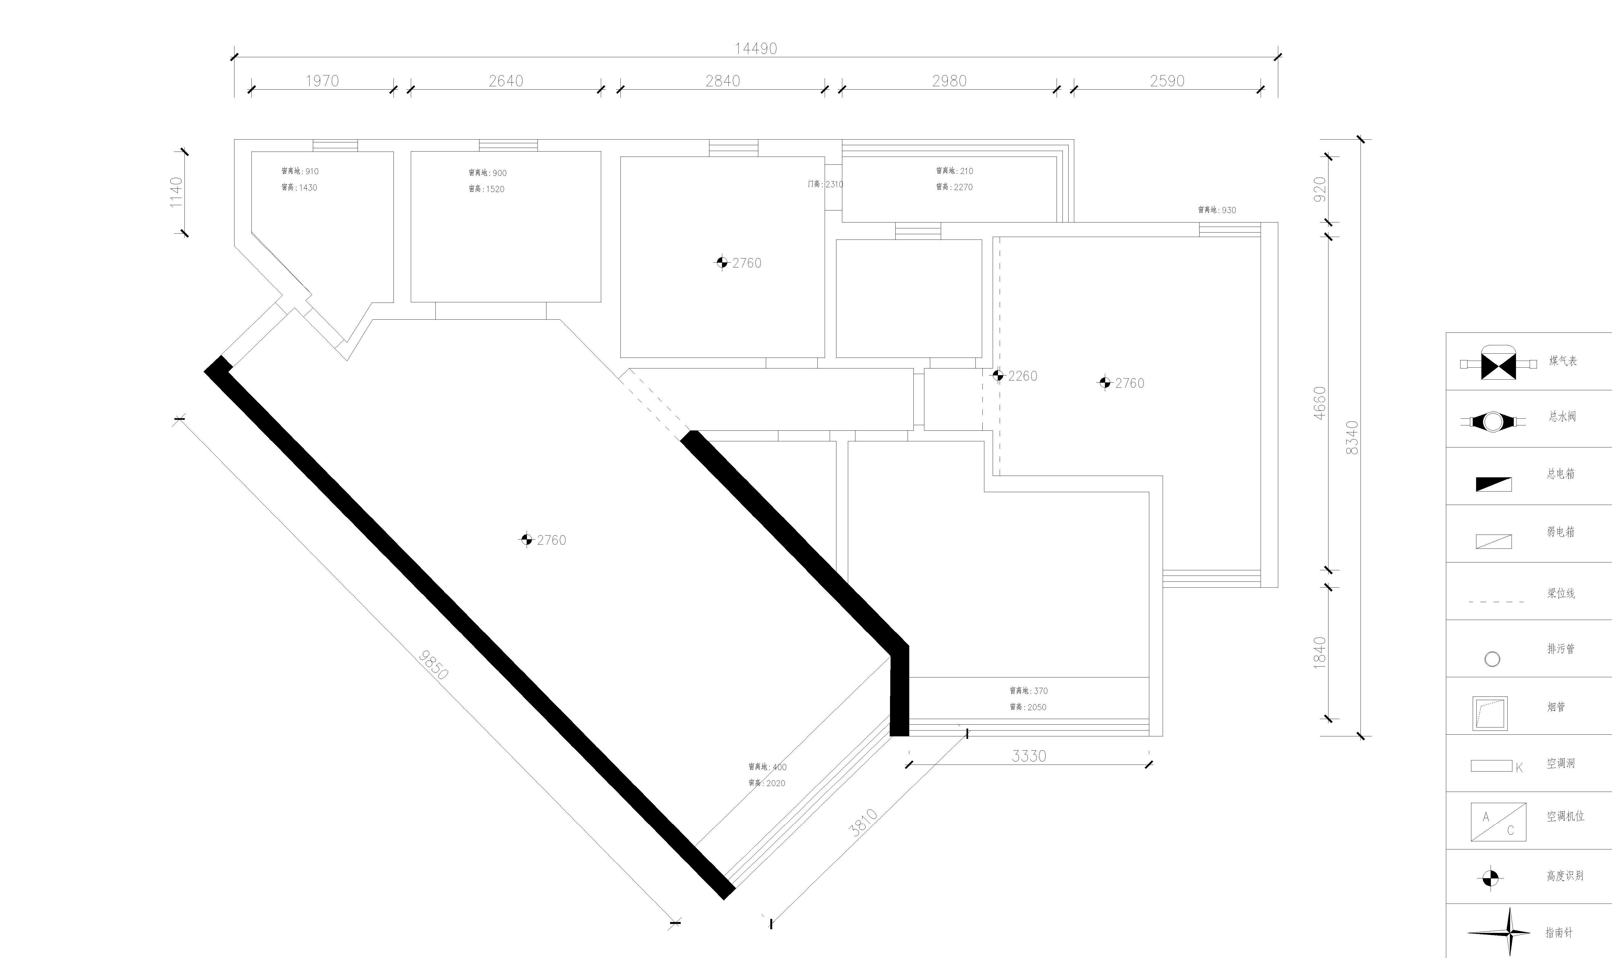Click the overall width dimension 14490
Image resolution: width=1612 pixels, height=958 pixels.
click(756, 48)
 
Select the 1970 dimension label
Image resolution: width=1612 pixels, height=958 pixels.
click(322, 81)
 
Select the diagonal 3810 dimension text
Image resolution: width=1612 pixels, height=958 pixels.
click(863, 823)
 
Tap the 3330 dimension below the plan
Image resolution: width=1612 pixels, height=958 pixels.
click(1029, 755)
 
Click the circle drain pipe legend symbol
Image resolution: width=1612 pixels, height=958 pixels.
click(1492, 659)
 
